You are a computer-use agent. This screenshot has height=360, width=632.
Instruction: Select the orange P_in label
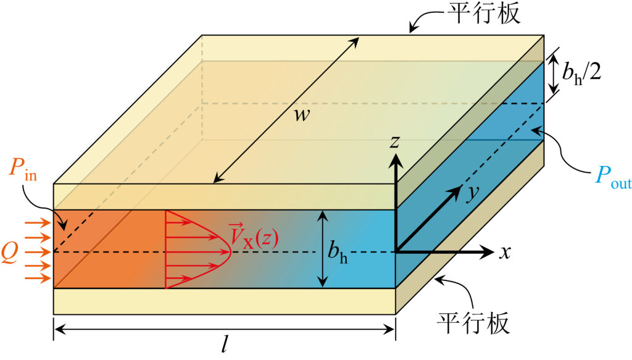[23, 170]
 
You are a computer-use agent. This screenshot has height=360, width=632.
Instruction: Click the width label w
[301, 115]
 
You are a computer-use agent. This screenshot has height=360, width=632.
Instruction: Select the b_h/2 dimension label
[589, 72]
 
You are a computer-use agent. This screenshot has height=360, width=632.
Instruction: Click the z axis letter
[395, 141]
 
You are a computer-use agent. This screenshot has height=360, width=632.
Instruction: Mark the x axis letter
[504, 252]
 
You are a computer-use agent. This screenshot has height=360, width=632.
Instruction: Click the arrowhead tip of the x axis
[494, 252]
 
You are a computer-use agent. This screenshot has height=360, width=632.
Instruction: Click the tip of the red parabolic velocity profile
[231, 252]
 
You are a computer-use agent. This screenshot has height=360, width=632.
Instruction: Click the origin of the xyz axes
[395, 252]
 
